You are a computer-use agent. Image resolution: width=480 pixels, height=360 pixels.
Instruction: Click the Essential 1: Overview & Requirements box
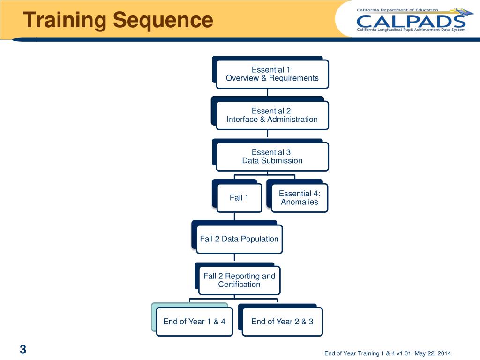pos(272,74)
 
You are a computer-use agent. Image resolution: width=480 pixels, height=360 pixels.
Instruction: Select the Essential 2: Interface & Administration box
pos(272,115)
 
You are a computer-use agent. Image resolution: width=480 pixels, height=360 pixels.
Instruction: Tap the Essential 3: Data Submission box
pos(272,157)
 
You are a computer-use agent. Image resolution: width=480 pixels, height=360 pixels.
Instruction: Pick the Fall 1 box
pos(239,198)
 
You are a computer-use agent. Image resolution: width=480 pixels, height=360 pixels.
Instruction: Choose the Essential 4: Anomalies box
pos(299,198)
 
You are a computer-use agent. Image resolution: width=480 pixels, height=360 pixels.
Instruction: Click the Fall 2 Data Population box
pos(239,239)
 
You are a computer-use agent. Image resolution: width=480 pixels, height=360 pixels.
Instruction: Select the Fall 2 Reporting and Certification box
pos(239,280)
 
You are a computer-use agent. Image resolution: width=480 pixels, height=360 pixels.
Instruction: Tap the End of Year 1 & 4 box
pos(194,322)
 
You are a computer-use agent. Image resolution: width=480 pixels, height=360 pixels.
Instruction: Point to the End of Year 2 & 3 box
pos(282,322)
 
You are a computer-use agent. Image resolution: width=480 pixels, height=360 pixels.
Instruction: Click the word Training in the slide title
pos(64,20)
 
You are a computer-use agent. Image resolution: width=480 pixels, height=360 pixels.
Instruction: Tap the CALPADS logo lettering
pos(411,21)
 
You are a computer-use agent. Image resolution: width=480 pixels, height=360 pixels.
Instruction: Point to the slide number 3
pos(23,349)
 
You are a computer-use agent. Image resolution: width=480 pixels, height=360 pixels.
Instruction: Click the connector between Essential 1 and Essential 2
pos(268,92)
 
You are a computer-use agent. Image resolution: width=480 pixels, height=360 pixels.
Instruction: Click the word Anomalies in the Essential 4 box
pos(299,202)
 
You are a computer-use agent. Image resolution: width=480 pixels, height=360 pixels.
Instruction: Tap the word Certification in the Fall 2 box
pos(239,285)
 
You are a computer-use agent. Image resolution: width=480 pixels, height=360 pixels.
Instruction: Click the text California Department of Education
pos(397,10)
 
